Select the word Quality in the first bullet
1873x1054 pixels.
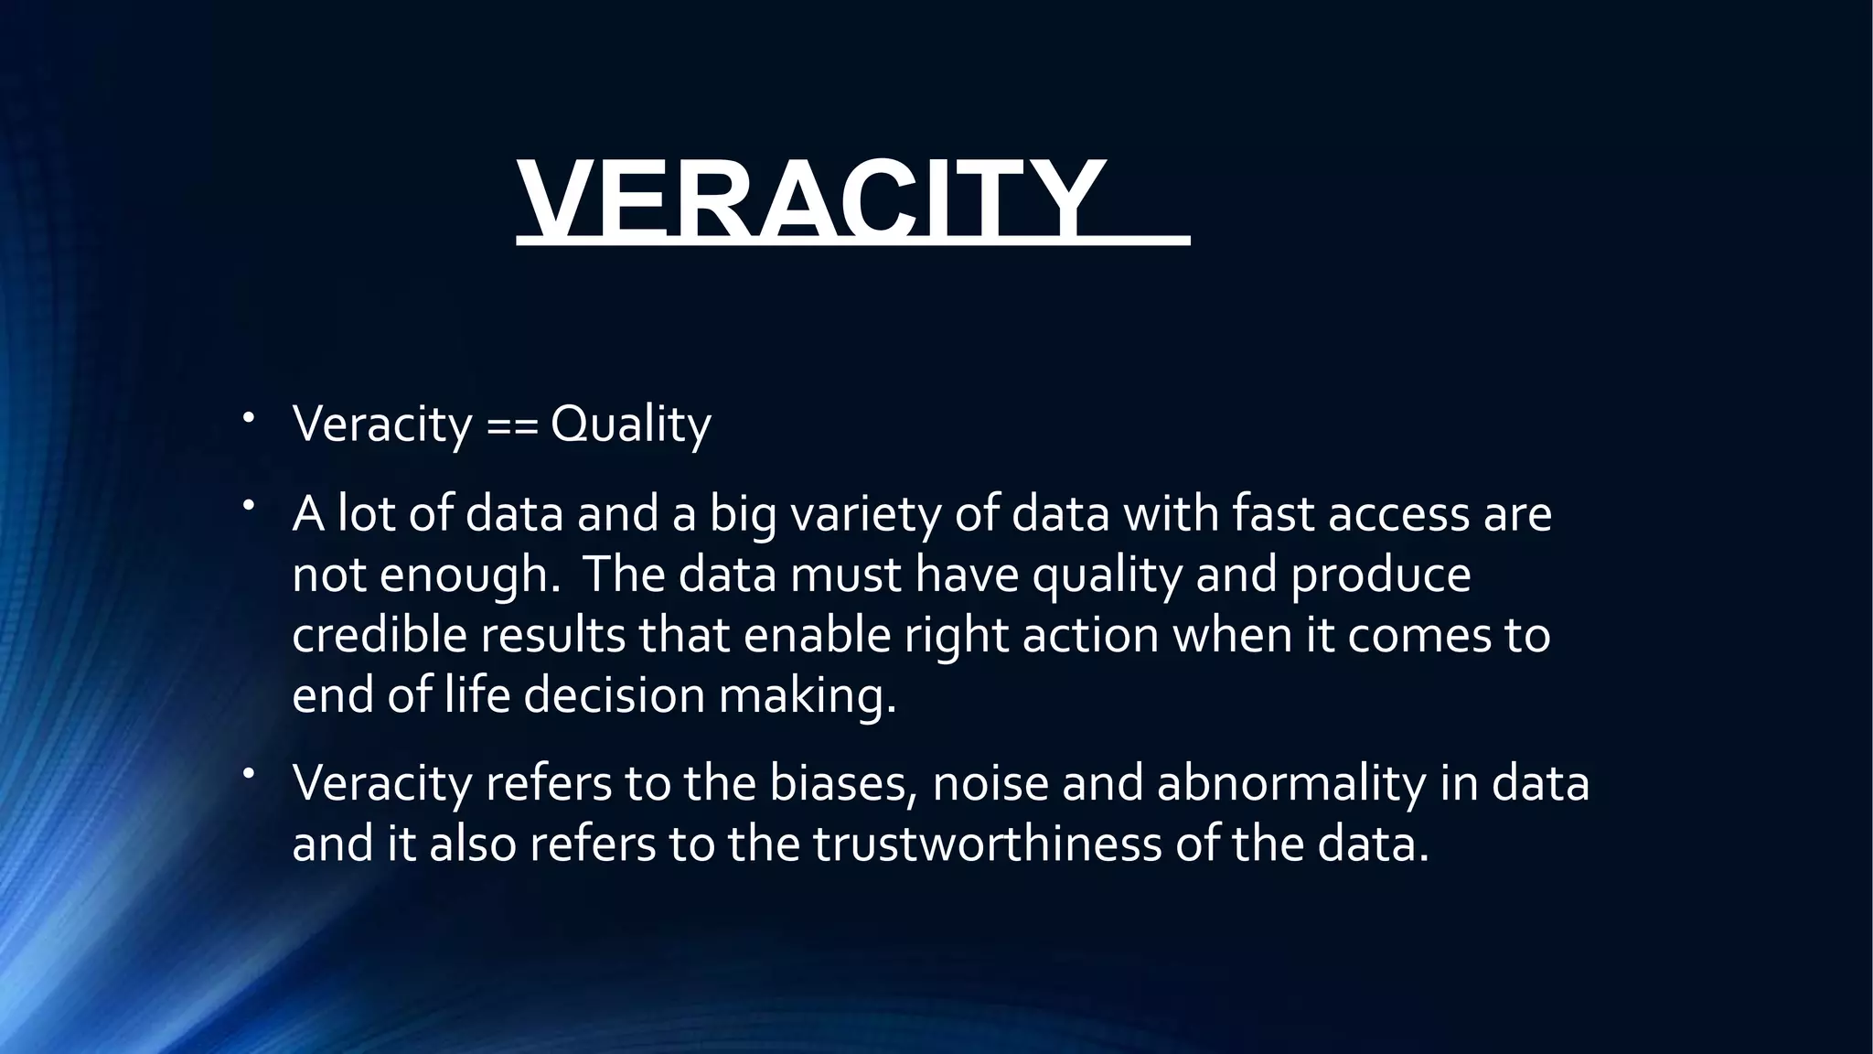(630, 425)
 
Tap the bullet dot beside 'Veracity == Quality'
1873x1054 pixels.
(248, 418)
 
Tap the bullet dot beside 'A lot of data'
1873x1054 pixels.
(248, 507)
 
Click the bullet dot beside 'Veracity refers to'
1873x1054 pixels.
(248, 776)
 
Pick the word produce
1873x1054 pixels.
(1380, 575)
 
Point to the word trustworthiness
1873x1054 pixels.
(987, 844)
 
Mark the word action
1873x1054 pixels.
(1090, 635)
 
